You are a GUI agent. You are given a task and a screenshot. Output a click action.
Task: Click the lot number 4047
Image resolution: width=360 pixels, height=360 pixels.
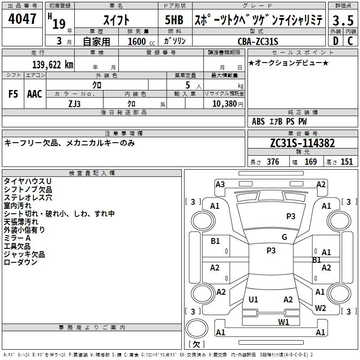point(22,19)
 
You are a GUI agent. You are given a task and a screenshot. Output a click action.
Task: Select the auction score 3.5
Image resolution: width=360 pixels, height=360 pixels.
point(343,20)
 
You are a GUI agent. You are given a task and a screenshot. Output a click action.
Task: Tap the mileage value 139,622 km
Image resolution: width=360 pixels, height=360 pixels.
point(53,65)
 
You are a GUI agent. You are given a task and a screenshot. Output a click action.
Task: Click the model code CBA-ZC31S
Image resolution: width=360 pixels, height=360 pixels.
point(258,41)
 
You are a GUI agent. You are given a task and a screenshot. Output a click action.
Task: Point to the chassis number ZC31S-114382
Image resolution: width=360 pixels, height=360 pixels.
point(302,143)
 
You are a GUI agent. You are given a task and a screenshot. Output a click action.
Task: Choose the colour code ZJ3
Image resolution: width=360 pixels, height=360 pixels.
point(74,104)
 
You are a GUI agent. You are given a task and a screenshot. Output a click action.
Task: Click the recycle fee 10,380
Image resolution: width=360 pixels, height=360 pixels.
point(225,104)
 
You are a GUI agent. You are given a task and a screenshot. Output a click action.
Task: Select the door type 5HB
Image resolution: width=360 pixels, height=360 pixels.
point(174,20)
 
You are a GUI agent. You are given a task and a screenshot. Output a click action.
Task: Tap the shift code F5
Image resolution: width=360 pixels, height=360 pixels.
point(13,94)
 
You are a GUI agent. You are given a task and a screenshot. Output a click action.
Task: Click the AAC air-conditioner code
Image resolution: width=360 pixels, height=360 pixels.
point(35,94)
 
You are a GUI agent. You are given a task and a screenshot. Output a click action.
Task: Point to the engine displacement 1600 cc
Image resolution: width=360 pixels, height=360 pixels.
point(141,41)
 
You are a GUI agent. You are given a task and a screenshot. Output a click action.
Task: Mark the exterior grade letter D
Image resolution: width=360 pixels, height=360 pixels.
point(336,41)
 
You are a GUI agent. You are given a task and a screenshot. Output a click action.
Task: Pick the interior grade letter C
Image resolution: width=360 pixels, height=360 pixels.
point(351,41)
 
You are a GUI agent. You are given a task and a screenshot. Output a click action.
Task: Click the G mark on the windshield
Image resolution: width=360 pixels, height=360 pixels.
point(284,237)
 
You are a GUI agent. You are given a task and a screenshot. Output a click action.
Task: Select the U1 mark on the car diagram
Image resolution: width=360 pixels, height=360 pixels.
point(253,299)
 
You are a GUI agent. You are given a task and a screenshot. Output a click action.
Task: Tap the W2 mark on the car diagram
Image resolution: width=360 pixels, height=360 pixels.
point(320,308)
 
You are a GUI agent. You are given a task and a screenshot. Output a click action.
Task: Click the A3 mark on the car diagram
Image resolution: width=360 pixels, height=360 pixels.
point(220,184)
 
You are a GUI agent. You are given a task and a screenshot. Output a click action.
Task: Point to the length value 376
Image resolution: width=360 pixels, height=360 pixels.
point(273,162)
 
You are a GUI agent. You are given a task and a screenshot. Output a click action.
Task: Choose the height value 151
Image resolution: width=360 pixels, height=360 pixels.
point(346,162)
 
